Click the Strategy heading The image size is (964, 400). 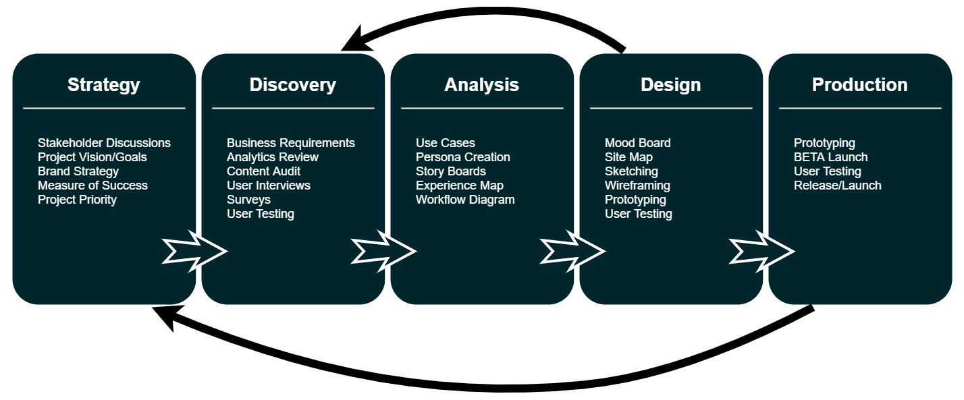(x=104, y=85)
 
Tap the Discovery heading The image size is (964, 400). (x=293, y=85)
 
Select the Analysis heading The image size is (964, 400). (x=481, y=85)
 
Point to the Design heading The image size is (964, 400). (x=670, y=85)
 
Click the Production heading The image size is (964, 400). (x=860, y=85)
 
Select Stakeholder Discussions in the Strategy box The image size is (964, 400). (x=104, y=143)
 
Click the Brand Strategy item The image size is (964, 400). (x=78, y=171)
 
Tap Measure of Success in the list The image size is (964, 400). (x=92, y=185)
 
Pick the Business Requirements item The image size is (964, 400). (x=290, y=143)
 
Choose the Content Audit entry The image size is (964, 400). (x=263, y=171)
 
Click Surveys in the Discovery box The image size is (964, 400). (x=248, y=200)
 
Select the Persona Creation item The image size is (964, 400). (x=462, y=157)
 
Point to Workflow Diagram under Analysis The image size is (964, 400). (x=464, y=200)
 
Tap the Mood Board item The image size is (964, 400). (x=637, y=143)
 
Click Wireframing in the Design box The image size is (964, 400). (x=637, y=185)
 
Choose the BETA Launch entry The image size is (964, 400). (x=830, y=157)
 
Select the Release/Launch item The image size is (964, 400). (x=837, y=185)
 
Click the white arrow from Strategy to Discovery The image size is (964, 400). (x=194, y=251)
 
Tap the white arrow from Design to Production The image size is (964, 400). (x=761, y=251)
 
